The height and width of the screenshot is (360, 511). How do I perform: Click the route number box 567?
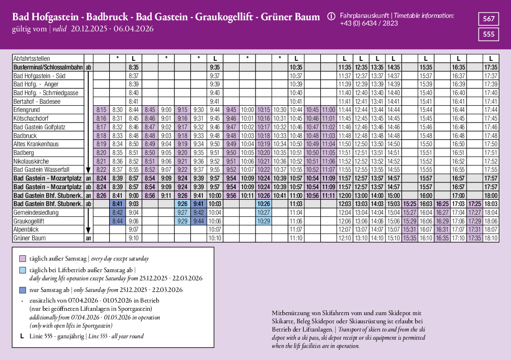pos(489,19)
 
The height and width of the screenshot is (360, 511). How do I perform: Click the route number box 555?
pos(489,34)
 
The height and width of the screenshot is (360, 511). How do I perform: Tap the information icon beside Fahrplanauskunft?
pos(331,16)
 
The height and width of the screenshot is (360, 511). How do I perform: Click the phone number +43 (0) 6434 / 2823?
pos(369,23)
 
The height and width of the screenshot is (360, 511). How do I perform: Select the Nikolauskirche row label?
pos(33,161)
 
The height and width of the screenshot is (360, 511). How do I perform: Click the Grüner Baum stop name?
pos(29,238)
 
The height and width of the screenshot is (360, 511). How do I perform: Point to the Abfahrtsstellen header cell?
pos(31,58)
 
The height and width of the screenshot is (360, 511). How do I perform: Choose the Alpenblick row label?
pos(27,229)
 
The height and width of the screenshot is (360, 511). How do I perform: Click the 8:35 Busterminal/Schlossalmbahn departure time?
pos(134,68)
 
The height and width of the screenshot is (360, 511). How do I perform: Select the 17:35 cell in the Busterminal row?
pos(491,68)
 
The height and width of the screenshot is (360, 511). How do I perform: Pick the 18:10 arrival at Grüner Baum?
pos(491,238)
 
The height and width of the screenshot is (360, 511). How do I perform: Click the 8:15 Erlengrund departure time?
pos(101,110)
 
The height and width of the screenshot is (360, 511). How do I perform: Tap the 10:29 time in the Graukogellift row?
pos(264,221)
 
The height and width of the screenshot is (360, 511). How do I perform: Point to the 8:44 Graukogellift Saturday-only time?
pos(117,221)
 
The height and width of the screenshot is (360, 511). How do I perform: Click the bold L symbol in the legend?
pos(22,336)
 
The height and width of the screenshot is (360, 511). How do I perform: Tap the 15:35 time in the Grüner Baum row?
pos(410,238)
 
